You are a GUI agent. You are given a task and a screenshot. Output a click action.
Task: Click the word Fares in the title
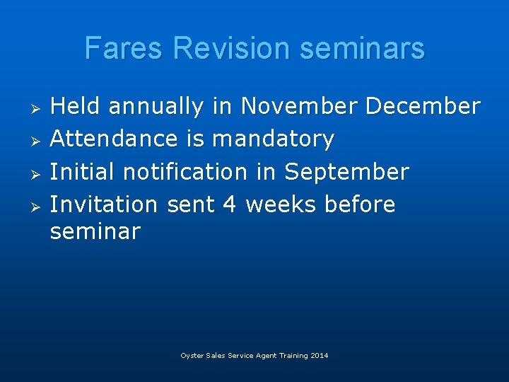point(124,49)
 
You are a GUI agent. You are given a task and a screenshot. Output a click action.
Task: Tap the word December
point(423,107)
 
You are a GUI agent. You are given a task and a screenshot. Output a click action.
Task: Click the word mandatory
point(273,139)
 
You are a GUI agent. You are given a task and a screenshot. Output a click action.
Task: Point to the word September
point(346,172)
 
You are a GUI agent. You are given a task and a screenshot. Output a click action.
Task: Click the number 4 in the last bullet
point(229,204)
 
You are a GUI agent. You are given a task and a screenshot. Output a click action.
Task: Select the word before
point(360,204)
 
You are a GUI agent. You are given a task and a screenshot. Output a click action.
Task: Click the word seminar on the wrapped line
point(95,231)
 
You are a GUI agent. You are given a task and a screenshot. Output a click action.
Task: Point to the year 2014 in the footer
point(319,356)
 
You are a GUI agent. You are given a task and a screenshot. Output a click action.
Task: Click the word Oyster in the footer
point(192,356)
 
